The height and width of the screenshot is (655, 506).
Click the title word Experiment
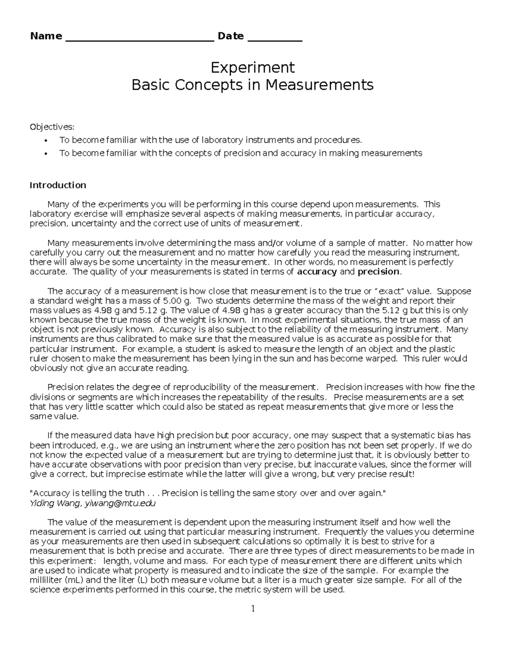point(253,67)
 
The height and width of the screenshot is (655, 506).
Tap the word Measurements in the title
point(319,85)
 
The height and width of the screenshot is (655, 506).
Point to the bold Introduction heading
point(58,185)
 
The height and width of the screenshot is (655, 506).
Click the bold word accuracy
point(317,272)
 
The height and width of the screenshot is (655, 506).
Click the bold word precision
point(378,272)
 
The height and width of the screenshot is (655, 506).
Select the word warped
point(382,358)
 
